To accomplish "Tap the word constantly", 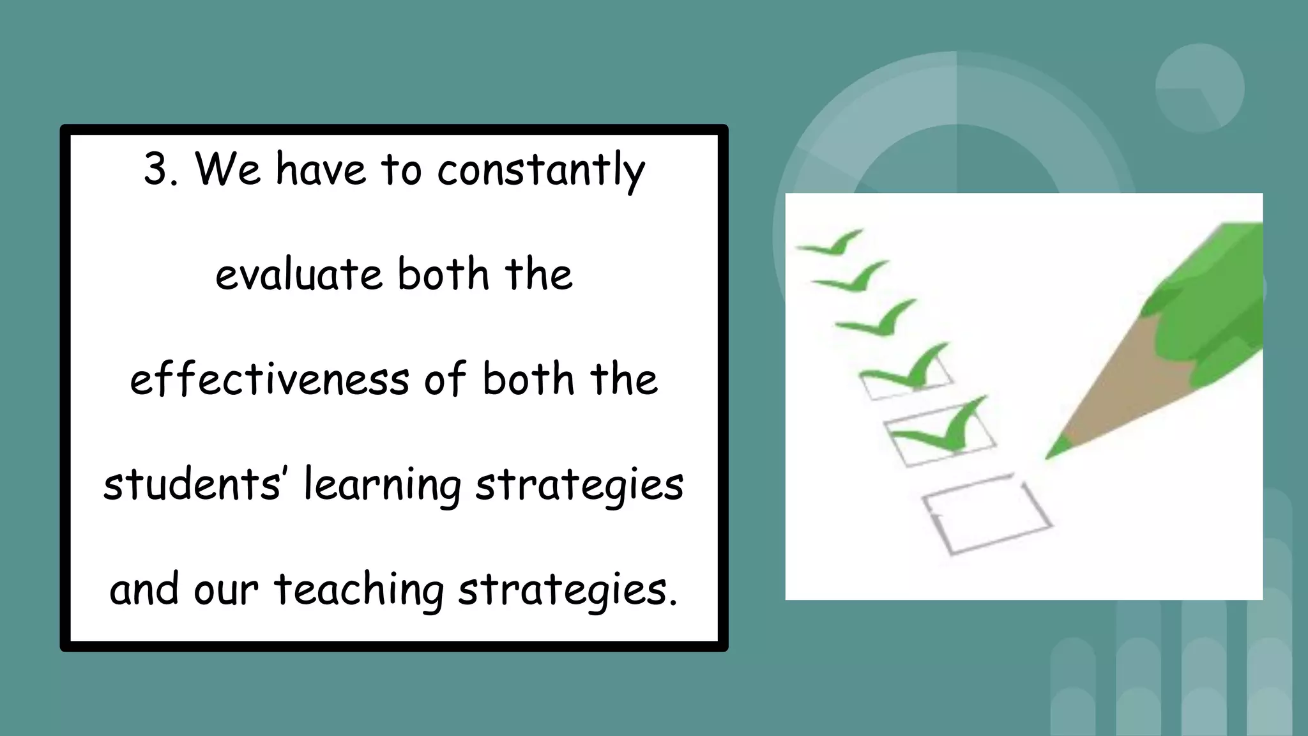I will [541, 171].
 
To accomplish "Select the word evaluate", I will [298, 275].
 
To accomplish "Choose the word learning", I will [382, 485].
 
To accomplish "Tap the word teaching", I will [359, 590].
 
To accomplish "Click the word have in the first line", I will [321, 170].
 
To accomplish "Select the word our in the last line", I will [226, 590].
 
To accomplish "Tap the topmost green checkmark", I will [833, 243].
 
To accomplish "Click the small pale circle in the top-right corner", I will [1199, 88].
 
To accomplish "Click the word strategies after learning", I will [579, 485].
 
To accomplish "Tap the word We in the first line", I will [228, 170].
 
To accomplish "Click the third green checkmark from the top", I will [878, 319].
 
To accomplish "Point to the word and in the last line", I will [144, 590].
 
